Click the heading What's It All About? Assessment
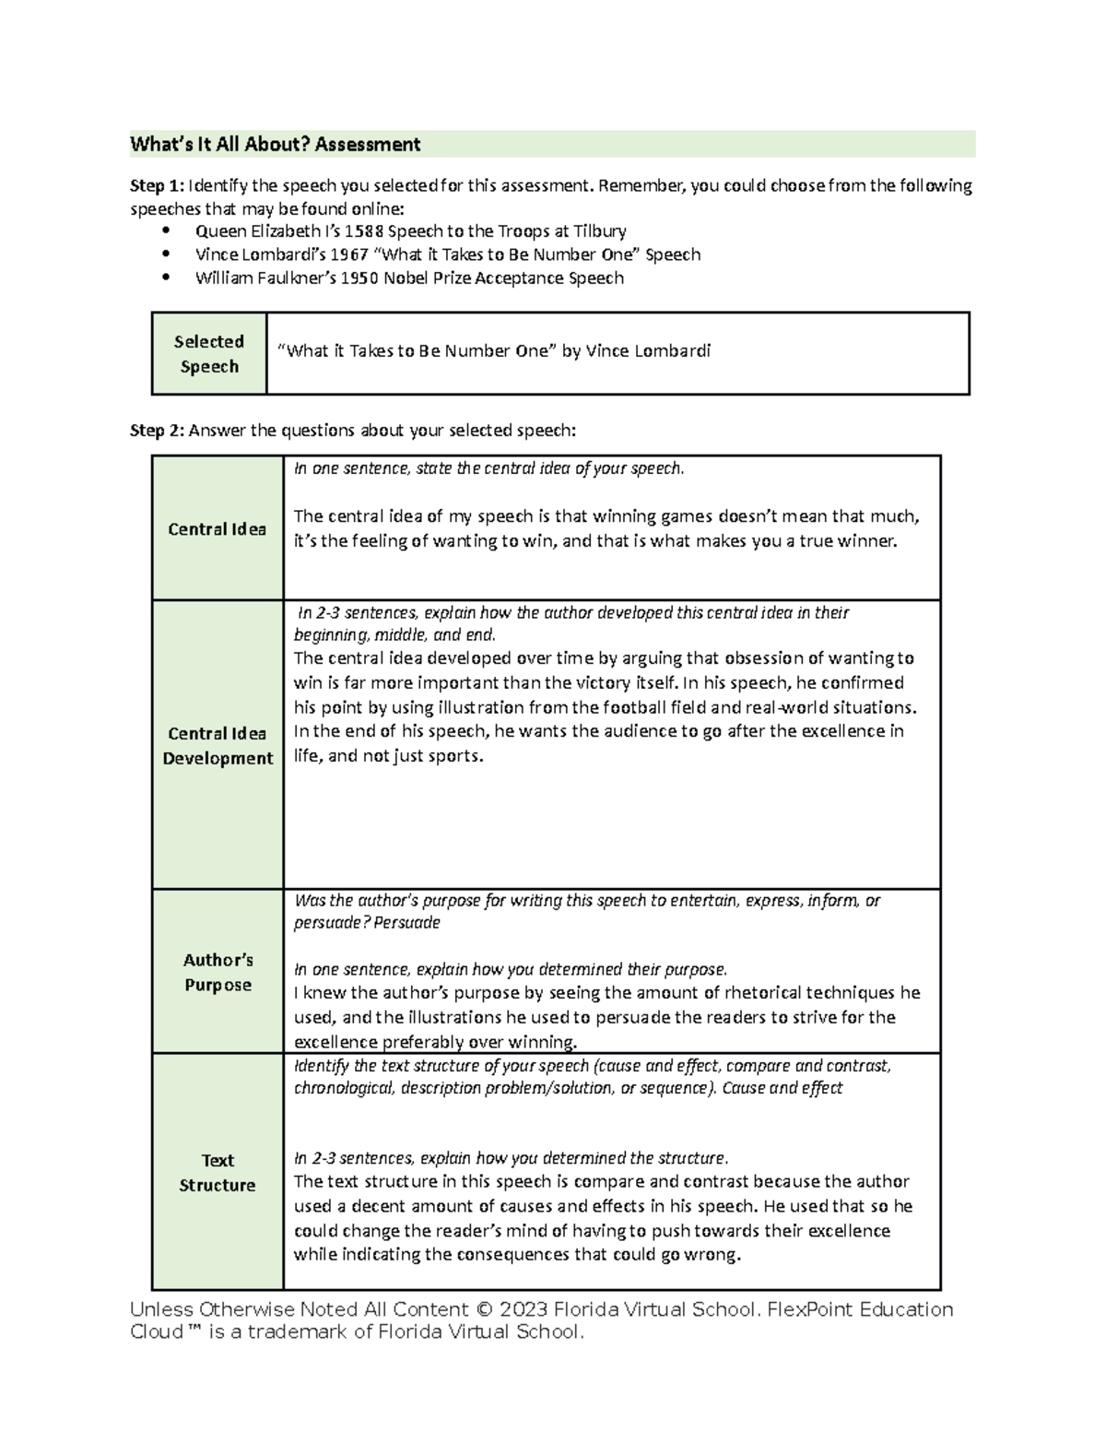pos(275,144)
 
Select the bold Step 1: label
pos(157,186)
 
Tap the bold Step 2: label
pos(157,431)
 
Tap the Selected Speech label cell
pos(209,353)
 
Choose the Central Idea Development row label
pos(218,745)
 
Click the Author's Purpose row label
pos(218,972)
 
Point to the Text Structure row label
pos(218,1172)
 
